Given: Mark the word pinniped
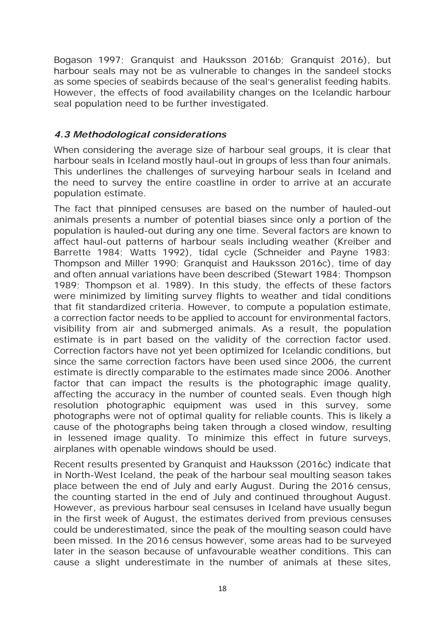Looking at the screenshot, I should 139,209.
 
